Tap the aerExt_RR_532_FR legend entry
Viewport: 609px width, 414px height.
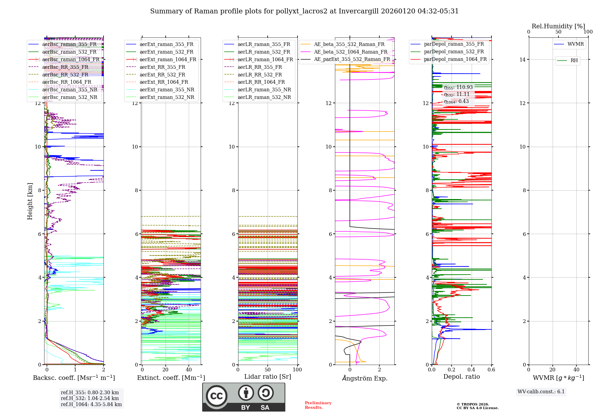click(162, 75)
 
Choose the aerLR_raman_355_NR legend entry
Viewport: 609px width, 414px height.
click(264, 89)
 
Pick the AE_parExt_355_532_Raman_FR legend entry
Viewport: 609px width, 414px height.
click(352, 59)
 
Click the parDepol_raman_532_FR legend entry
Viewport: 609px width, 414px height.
click(454, 52)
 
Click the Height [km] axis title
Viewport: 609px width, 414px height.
click(30, 201)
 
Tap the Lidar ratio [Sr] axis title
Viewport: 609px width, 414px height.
click(268, 377)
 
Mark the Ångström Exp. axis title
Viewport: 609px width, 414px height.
click(364, 378)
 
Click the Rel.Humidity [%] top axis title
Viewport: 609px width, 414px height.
click(558, 26)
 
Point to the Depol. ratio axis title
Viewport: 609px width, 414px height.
click(461, 377)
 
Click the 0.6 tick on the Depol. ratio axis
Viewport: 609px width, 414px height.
click(491, 370)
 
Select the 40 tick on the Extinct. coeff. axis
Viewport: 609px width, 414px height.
click(189, 370)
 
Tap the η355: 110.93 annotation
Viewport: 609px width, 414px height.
click(458, 87)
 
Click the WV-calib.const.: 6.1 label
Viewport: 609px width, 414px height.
click(541, 391)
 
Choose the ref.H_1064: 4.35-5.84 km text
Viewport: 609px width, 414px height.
click(91, 404)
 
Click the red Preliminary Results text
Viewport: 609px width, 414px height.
click(318, 405)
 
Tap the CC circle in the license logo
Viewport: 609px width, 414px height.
click(216, 396)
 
